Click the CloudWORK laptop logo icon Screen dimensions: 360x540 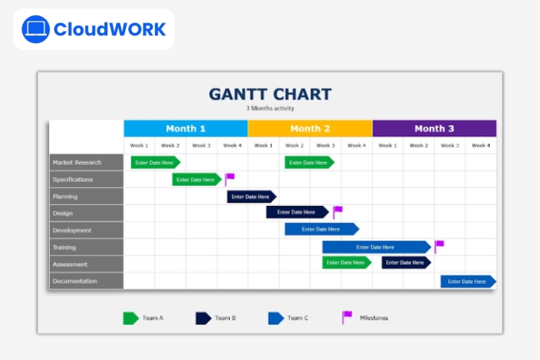coord(35,30)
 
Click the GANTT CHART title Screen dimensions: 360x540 coord(270,94)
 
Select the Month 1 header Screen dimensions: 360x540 coord(186,128)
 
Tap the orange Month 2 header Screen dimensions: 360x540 coord(310,128)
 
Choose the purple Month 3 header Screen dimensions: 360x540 coord(434,128)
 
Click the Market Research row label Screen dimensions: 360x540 coord(86,163)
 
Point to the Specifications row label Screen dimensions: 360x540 coord(86,179)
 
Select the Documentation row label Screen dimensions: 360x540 coord(86,281)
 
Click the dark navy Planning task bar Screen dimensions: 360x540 coord(251,197)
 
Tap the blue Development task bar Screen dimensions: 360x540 coord(321,229)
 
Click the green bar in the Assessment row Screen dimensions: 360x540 coord(346,263)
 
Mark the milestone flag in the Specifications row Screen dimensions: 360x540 coord(230,179)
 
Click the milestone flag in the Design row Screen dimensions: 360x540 coord(338,212)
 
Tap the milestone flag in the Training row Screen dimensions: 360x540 coord(439,246)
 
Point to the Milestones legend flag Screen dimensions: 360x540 coord(347,317)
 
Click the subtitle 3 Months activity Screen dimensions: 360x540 coord(270,109)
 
